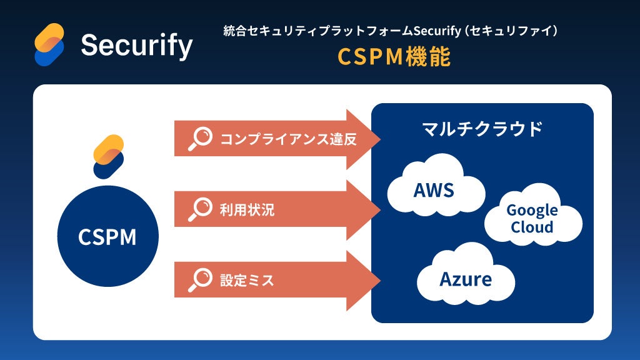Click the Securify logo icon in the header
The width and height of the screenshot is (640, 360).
50,44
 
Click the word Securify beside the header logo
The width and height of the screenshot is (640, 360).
136,45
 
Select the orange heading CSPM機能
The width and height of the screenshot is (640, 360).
394,57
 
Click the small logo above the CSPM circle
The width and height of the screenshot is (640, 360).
108,156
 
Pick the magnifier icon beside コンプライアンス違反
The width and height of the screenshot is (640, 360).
200,138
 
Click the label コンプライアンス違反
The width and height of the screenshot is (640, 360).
288,139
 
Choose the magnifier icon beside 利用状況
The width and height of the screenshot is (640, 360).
200,209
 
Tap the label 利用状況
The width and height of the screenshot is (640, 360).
247,210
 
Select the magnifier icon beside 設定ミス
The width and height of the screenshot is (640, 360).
200,280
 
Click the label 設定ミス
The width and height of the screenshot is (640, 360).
247,281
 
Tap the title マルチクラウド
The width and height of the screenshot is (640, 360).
482,129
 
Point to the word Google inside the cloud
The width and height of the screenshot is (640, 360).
532,210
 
